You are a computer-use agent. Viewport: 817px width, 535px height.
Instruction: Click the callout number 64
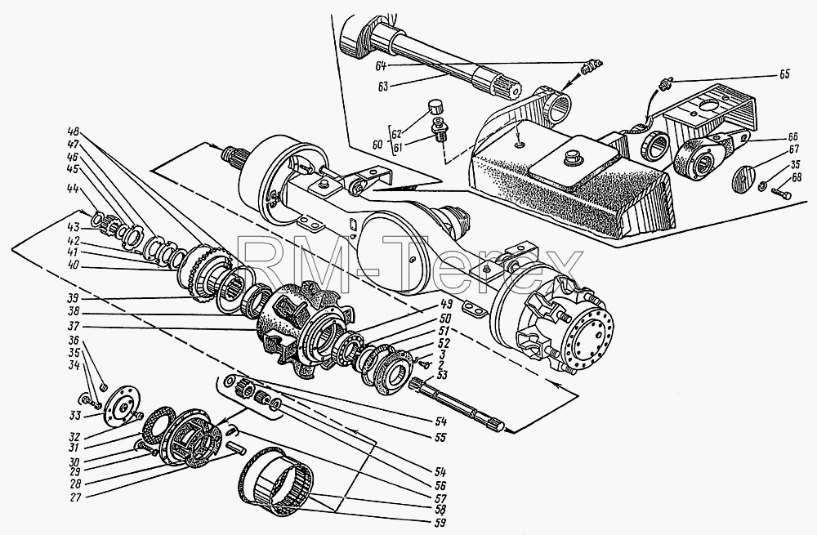382,67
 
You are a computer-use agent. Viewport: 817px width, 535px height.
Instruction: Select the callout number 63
384,86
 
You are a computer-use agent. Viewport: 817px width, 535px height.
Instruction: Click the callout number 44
73,189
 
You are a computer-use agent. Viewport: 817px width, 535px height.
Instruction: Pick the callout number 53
429,375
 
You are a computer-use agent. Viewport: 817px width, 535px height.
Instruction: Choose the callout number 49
430,304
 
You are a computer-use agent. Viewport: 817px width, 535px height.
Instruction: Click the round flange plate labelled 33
122,405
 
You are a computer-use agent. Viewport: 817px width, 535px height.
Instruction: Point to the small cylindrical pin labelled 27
235,447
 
